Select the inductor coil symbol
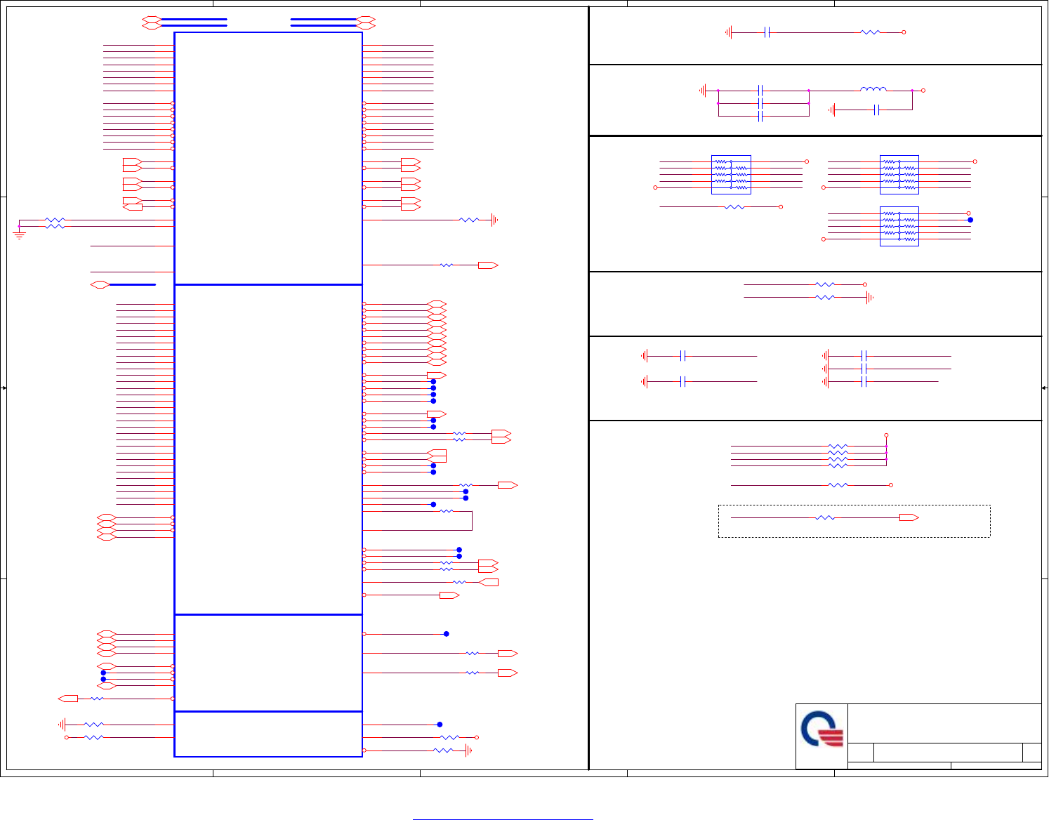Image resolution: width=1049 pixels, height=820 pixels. (x=873, y=89)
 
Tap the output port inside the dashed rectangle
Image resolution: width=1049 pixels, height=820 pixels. (x=909, y=517)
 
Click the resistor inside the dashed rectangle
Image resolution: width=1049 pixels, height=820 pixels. (x=825, y=517)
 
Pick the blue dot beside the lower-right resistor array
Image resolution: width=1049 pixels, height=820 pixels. (x=970, y=220)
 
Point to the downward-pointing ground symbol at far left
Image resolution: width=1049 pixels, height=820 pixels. (x=19, y=234)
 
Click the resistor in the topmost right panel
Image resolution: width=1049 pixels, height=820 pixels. (x=870, y=32)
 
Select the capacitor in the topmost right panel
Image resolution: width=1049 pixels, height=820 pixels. (x=767, y=32)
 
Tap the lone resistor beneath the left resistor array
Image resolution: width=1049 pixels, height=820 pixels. (x=734, y=207)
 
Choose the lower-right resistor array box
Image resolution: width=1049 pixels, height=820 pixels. (x=899, y=226)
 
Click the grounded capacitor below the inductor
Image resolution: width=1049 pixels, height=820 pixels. (x=876, y=110)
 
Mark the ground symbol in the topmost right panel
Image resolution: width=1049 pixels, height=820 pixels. (x=729, y=32)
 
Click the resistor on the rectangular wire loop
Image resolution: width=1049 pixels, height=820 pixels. (x=446, y=511)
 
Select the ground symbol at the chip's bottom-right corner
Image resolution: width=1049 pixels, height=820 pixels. (x=468, y=750)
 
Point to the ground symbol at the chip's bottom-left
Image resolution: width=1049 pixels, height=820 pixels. (x=62, y=725)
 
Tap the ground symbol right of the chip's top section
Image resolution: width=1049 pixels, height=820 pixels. (x=494, y=220)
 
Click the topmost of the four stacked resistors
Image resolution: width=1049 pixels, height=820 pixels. (x=838, y=447)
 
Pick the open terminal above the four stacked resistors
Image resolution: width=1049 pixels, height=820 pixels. (x=886, y=435)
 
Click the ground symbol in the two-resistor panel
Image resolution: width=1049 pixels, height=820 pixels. (x=869, y=298)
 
